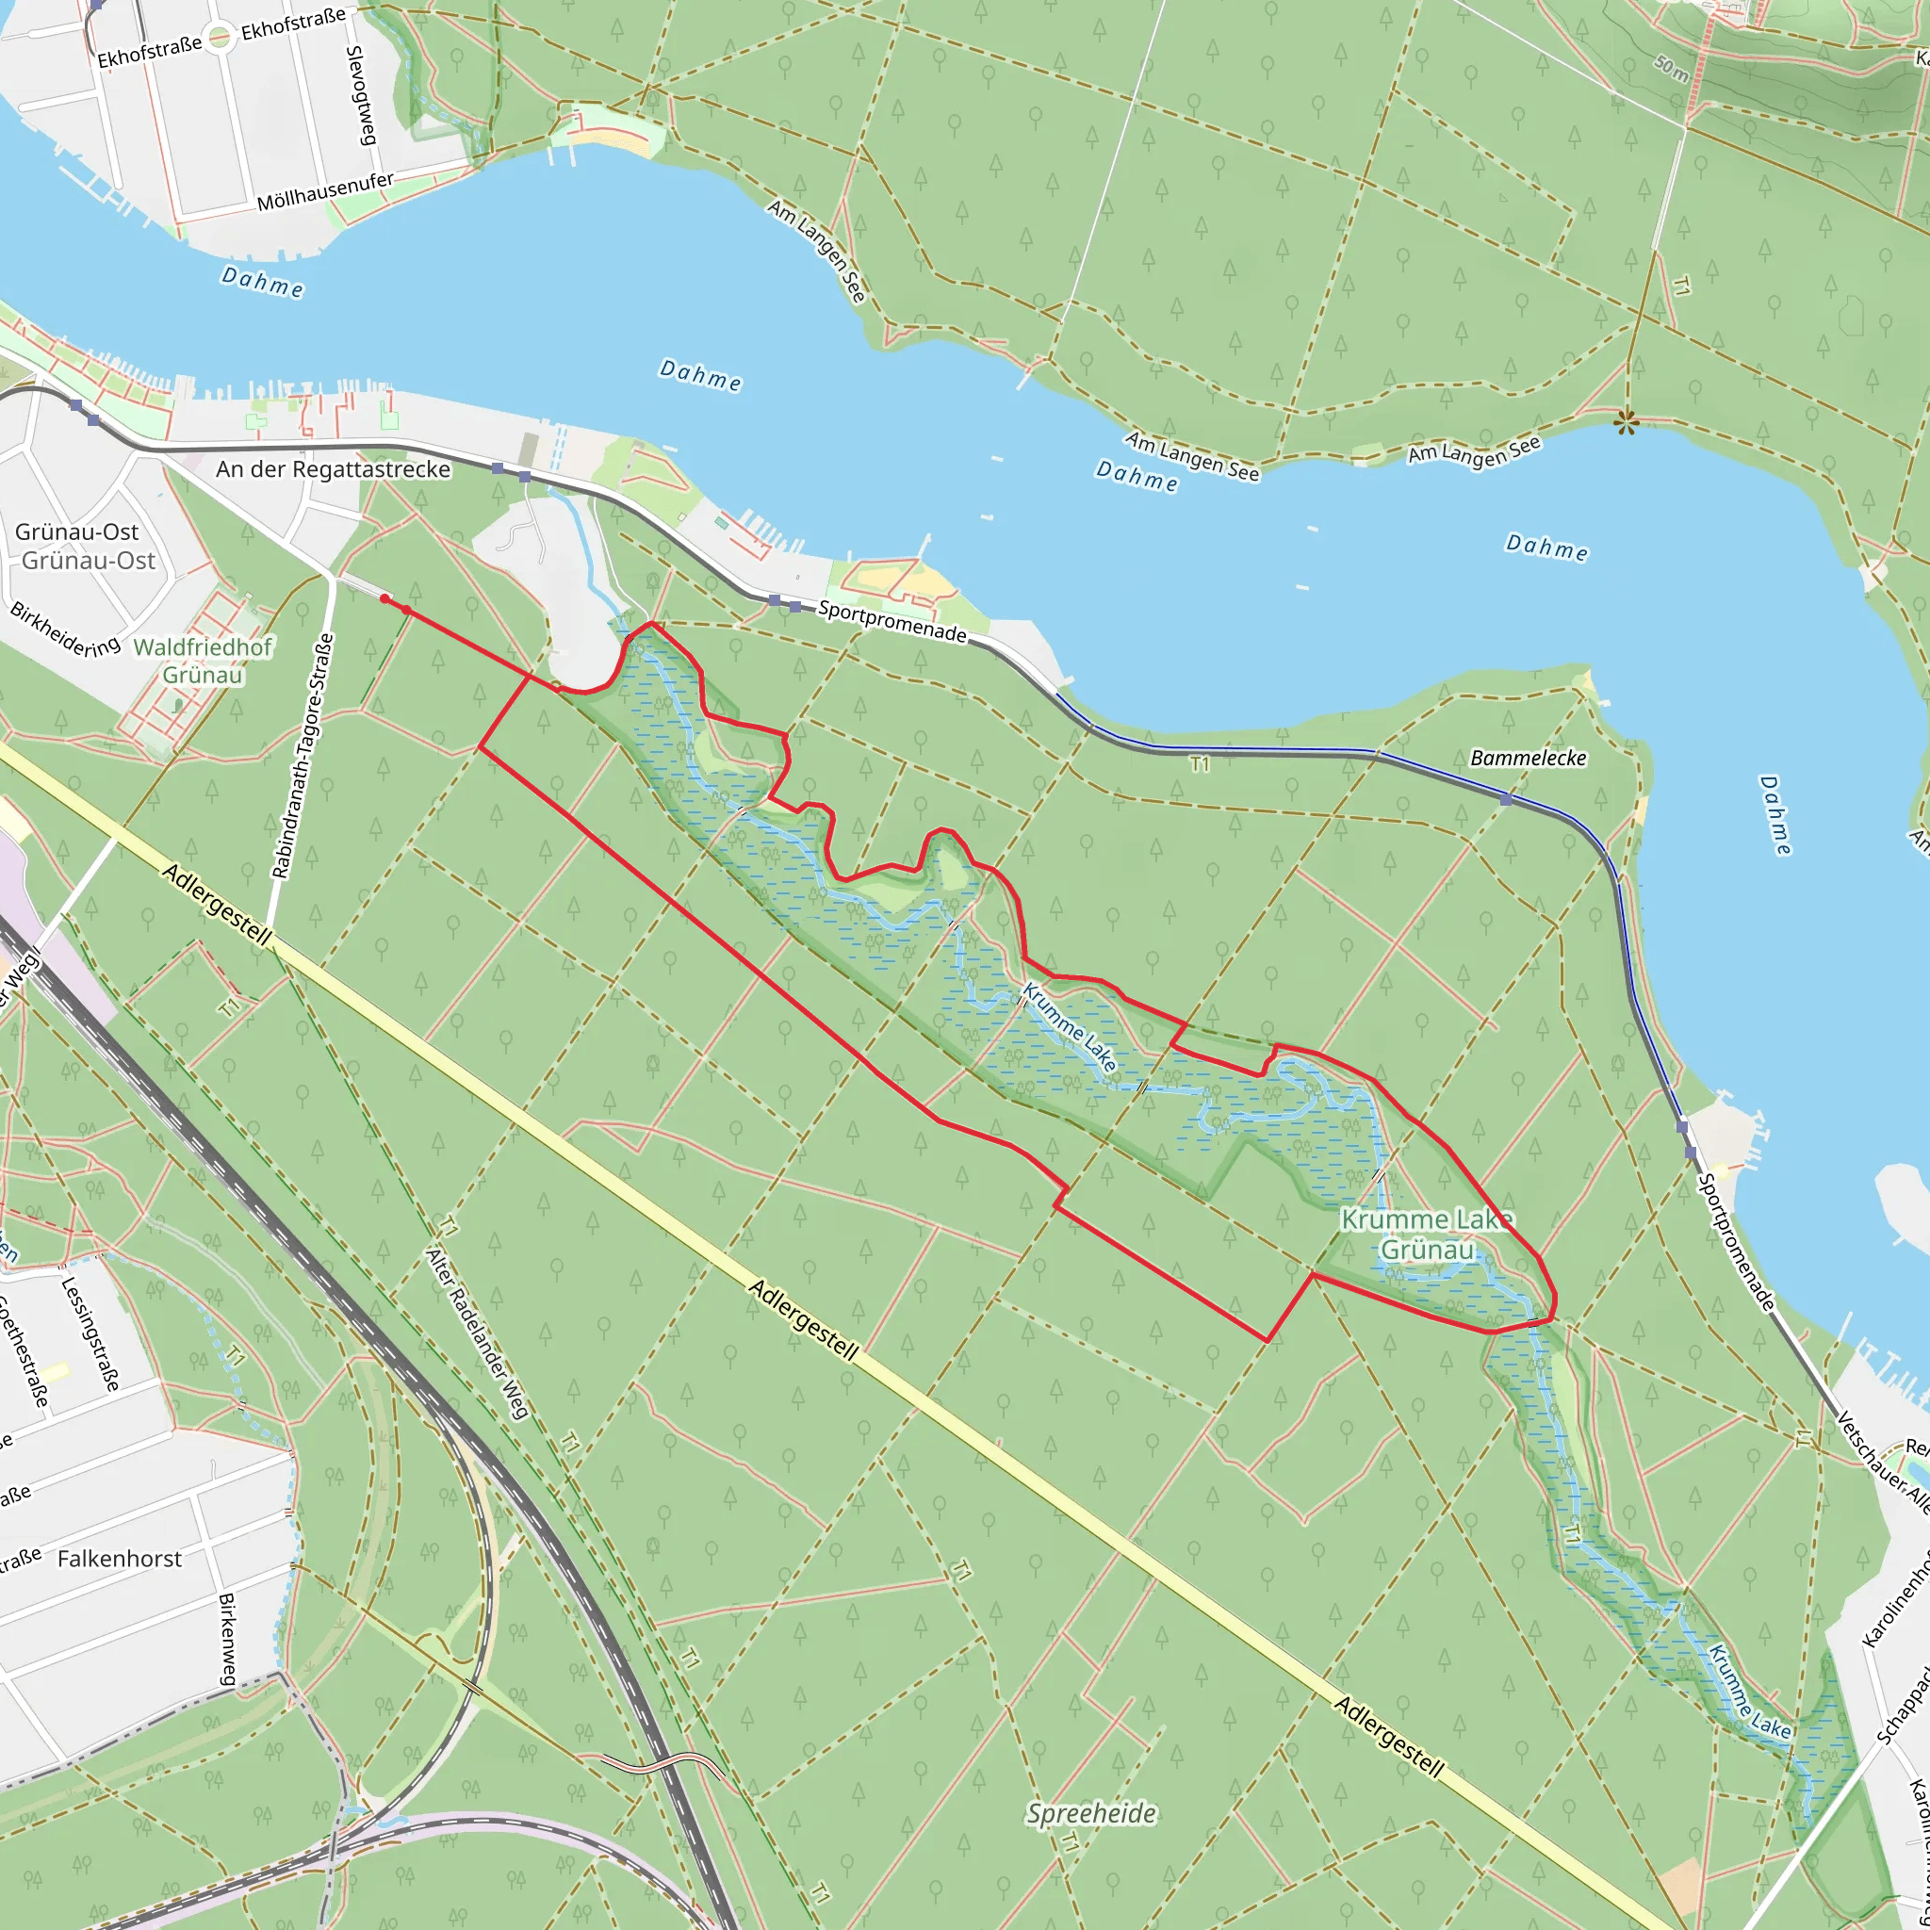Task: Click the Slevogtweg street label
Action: [361, 96]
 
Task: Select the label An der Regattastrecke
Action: [333, 469]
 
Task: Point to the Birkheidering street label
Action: [65, 630]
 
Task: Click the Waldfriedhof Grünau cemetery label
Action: [203, 662]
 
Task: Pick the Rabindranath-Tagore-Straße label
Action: [303, 756]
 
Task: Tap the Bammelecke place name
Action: [1529, 759]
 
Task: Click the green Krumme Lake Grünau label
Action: [1427, 1235]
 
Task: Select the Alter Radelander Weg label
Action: [477, 1333]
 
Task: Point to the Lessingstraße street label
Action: [90, 1333]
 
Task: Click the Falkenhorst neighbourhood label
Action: [120, 1560]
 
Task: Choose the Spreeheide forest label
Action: [1092, 1813]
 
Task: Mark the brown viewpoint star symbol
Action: [1627, 423]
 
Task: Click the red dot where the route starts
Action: [385, 598]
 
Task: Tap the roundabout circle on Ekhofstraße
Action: [220, 36]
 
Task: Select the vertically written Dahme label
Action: [1775, 815]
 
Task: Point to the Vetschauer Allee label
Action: [1884, 1463]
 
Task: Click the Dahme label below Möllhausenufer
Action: [263, 283]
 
